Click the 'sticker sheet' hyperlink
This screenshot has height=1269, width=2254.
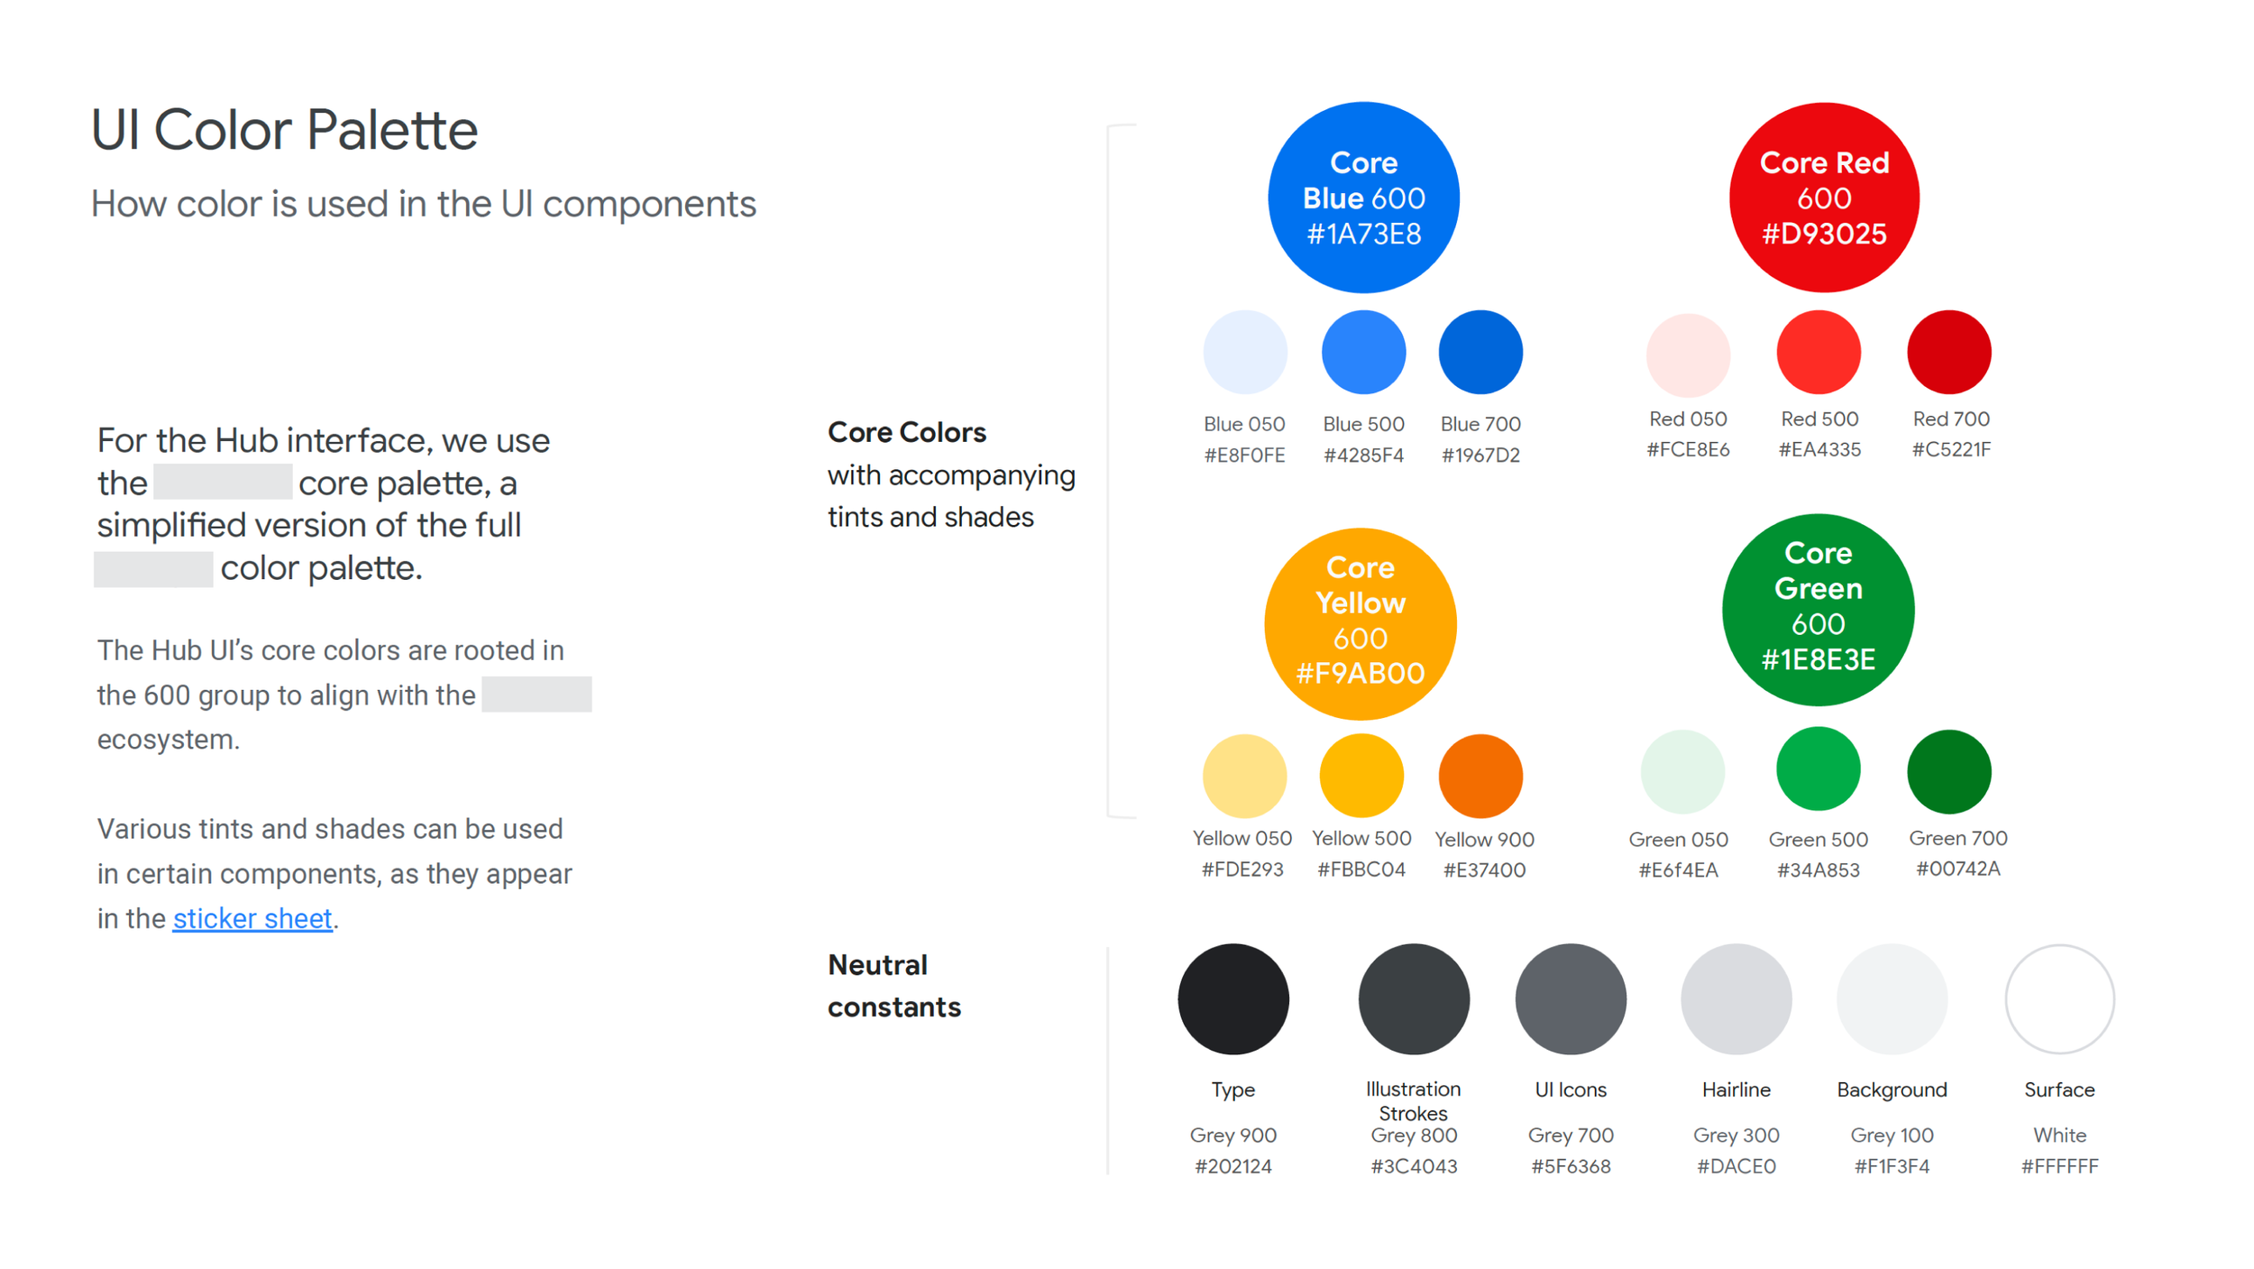(252, 918)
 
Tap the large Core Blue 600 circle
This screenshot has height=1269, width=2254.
(1363, 198)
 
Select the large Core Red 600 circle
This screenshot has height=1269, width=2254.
(1824, 198)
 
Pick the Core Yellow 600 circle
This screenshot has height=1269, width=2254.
(1360, 623)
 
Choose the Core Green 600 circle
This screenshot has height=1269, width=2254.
(1818, 610)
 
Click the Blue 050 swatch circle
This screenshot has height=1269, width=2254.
(1244, 353)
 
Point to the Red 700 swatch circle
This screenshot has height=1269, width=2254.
(1948, 353)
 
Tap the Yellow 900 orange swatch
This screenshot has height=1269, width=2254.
(1480, 776)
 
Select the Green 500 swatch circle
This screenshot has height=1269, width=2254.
(1818, 769)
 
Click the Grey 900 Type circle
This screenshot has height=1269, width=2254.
(1232, 998)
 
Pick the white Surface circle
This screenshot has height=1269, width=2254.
(2059, 998)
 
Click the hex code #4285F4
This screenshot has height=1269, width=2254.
(1363, 455)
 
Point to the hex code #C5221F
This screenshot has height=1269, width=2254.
(1951, 449)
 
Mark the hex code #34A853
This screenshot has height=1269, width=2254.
(1818, 870)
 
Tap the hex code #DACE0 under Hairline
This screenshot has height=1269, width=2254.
(1736, 1166)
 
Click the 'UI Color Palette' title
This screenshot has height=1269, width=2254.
(284, 130)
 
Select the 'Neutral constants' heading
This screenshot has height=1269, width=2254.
(893, 986)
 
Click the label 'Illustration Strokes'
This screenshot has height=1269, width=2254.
(1413, 1101)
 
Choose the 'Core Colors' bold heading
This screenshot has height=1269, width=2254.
(906, 433)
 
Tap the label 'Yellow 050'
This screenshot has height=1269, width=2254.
(1242, 839)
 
